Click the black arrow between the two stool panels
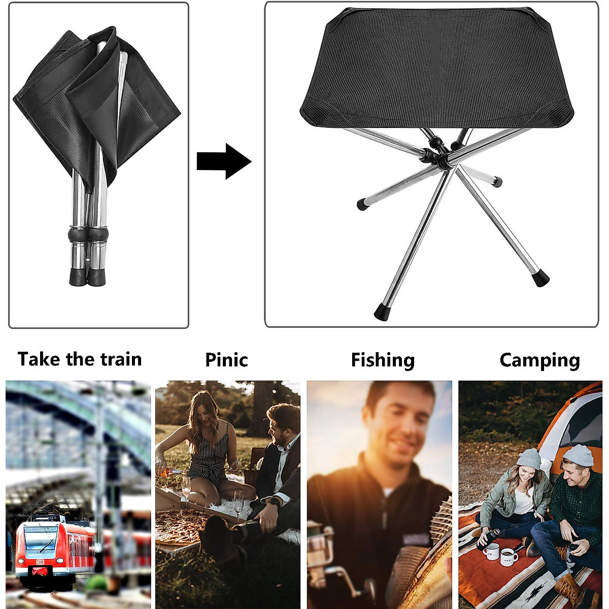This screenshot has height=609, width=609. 223,161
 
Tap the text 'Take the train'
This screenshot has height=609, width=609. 80,359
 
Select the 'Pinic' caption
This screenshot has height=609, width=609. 226,360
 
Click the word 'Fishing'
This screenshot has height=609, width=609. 383,360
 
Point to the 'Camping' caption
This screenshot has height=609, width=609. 539,360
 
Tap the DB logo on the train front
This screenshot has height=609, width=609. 40,562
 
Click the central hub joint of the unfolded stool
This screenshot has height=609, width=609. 441,155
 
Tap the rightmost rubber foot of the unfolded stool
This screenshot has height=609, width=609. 542,279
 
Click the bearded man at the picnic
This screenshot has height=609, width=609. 279,457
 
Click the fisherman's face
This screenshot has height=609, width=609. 401,421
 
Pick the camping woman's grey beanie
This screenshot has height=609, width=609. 529,458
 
